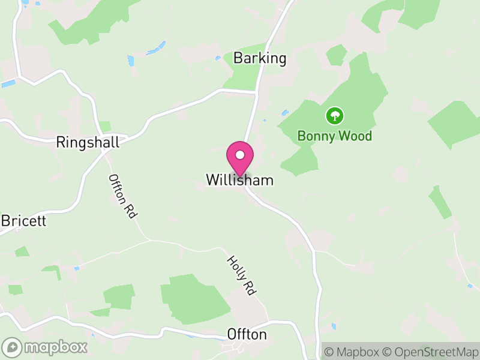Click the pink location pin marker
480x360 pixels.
pos(240,158)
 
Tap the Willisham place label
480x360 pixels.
pos(239,180)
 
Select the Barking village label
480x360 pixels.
pos(260,58)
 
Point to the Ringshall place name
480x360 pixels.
pos(88,142)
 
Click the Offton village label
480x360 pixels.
pos(247,334)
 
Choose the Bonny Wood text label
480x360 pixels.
pos(335,136)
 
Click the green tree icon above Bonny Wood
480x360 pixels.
pos(334,115)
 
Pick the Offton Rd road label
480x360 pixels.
pos(122,196)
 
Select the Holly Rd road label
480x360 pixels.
pos(241,275)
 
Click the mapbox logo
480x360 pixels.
pos(45,347)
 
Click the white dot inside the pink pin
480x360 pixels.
pos(240,155)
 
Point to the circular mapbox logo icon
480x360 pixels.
pos(12,347)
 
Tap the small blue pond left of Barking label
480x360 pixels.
pos(218,58)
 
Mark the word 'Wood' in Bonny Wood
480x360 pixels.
pos(353,136)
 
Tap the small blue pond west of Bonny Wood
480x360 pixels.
pos(285,112)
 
